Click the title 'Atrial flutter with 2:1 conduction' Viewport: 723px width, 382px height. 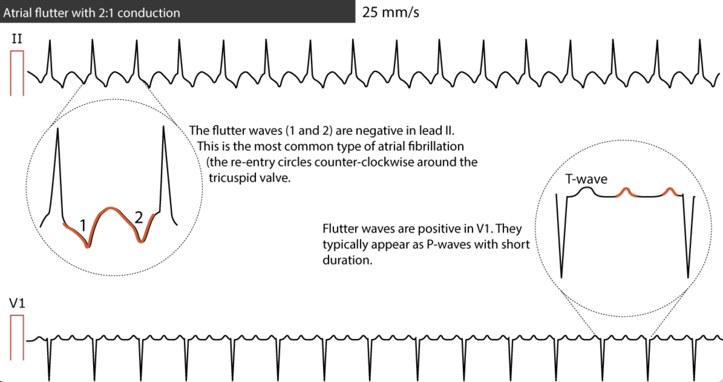91,12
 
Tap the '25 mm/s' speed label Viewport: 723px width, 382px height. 390,12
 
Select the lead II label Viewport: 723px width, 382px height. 16,40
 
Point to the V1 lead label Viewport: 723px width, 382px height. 17,305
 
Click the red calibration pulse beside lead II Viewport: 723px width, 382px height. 17,73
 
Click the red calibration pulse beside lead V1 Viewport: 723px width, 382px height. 17,337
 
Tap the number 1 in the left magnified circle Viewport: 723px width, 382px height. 82,224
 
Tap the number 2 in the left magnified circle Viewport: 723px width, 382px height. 138,218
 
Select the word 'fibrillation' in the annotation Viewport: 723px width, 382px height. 438,147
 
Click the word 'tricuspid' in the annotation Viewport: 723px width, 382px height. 228,177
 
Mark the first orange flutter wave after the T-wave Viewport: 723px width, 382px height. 625,190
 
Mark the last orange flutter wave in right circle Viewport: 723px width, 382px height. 669,190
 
